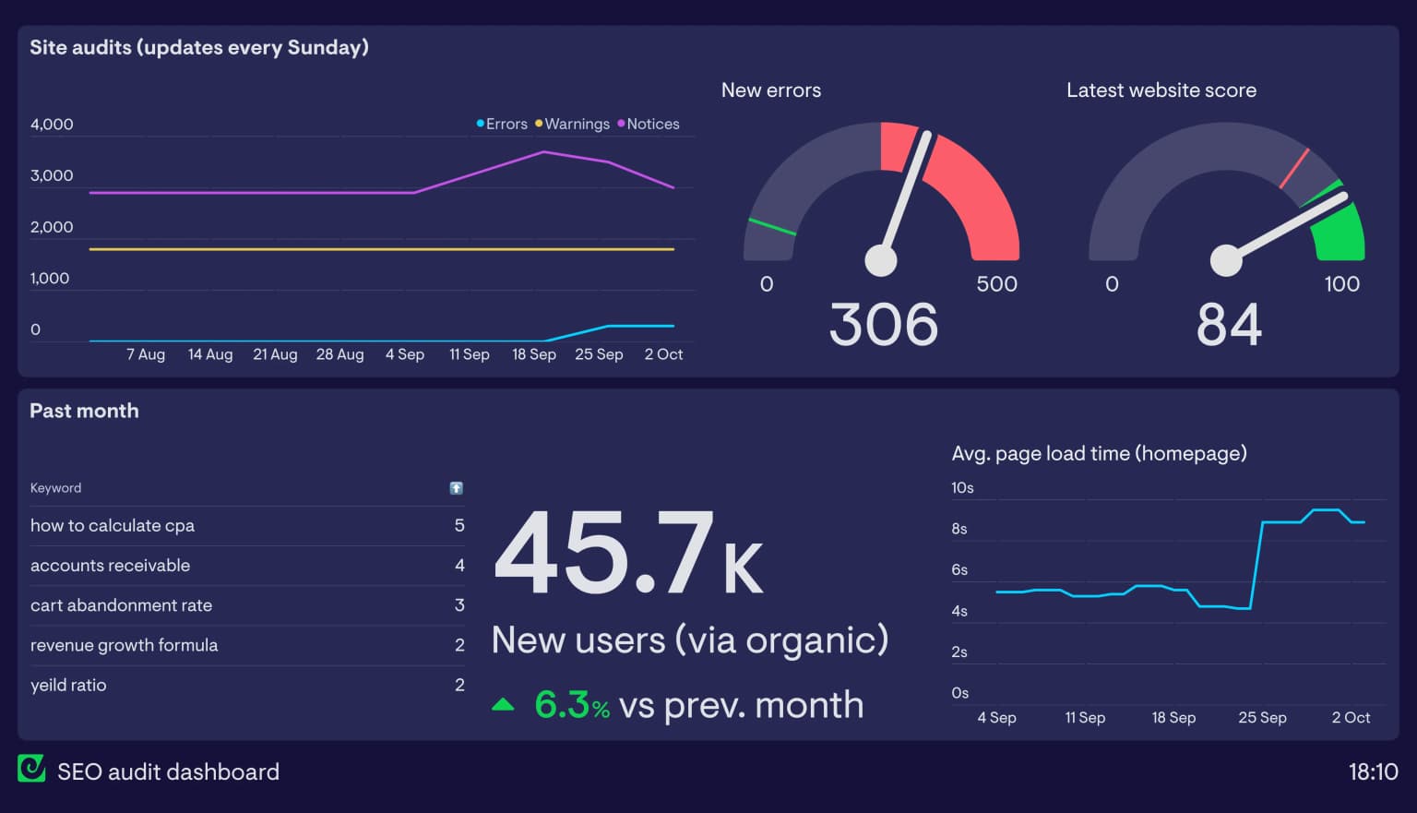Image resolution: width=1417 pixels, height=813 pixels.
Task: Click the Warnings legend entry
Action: tap(576, 124)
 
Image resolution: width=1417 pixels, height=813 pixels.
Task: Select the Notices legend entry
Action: tap(652, 124)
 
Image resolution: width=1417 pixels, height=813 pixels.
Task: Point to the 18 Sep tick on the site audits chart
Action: tap(534, 354)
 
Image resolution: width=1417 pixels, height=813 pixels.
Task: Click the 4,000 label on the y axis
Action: tap(52, 125)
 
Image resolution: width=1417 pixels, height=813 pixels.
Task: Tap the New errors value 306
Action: tap(883, 325)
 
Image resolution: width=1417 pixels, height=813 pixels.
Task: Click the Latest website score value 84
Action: tap(1228, 325)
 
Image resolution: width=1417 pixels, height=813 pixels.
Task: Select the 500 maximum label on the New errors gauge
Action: tap(996, 284)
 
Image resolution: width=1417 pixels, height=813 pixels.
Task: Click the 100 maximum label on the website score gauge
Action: tap(1341, 284)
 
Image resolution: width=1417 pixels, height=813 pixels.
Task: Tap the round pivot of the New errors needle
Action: tap(880, 260)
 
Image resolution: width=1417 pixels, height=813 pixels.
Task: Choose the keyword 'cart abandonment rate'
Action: tap(121, 605)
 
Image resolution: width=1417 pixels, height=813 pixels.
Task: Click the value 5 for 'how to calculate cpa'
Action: tap(459, 525)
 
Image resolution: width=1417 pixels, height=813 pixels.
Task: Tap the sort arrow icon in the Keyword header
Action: tap(456, 488)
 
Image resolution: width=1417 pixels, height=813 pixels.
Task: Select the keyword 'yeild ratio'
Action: tap(68, 685)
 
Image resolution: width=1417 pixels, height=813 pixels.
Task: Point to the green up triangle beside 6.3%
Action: tap(503, 705)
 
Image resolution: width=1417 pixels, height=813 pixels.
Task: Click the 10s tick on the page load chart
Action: tap(962, 487)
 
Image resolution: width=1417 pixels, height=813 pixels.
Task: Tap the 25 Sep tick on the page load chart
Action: tap(1261, 718)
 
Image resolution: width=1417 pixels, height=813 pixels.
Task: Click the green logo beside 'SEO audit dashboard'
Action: tap(31, 769)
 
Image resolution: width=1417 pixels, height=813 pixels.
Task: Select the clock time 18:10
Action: tap(1373, 771)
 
